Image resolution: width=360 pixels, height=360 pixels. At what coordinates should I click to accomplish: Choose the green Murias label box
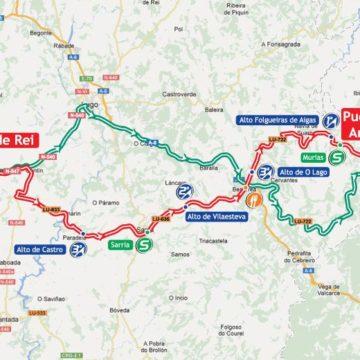(311, 157)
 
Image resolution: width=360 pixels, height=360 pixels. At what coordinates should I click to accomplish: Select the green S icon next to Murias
(336, 157)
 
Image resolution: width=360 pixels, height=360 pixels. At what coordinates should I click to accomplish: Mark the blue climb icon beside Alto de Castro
(78, 249)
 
